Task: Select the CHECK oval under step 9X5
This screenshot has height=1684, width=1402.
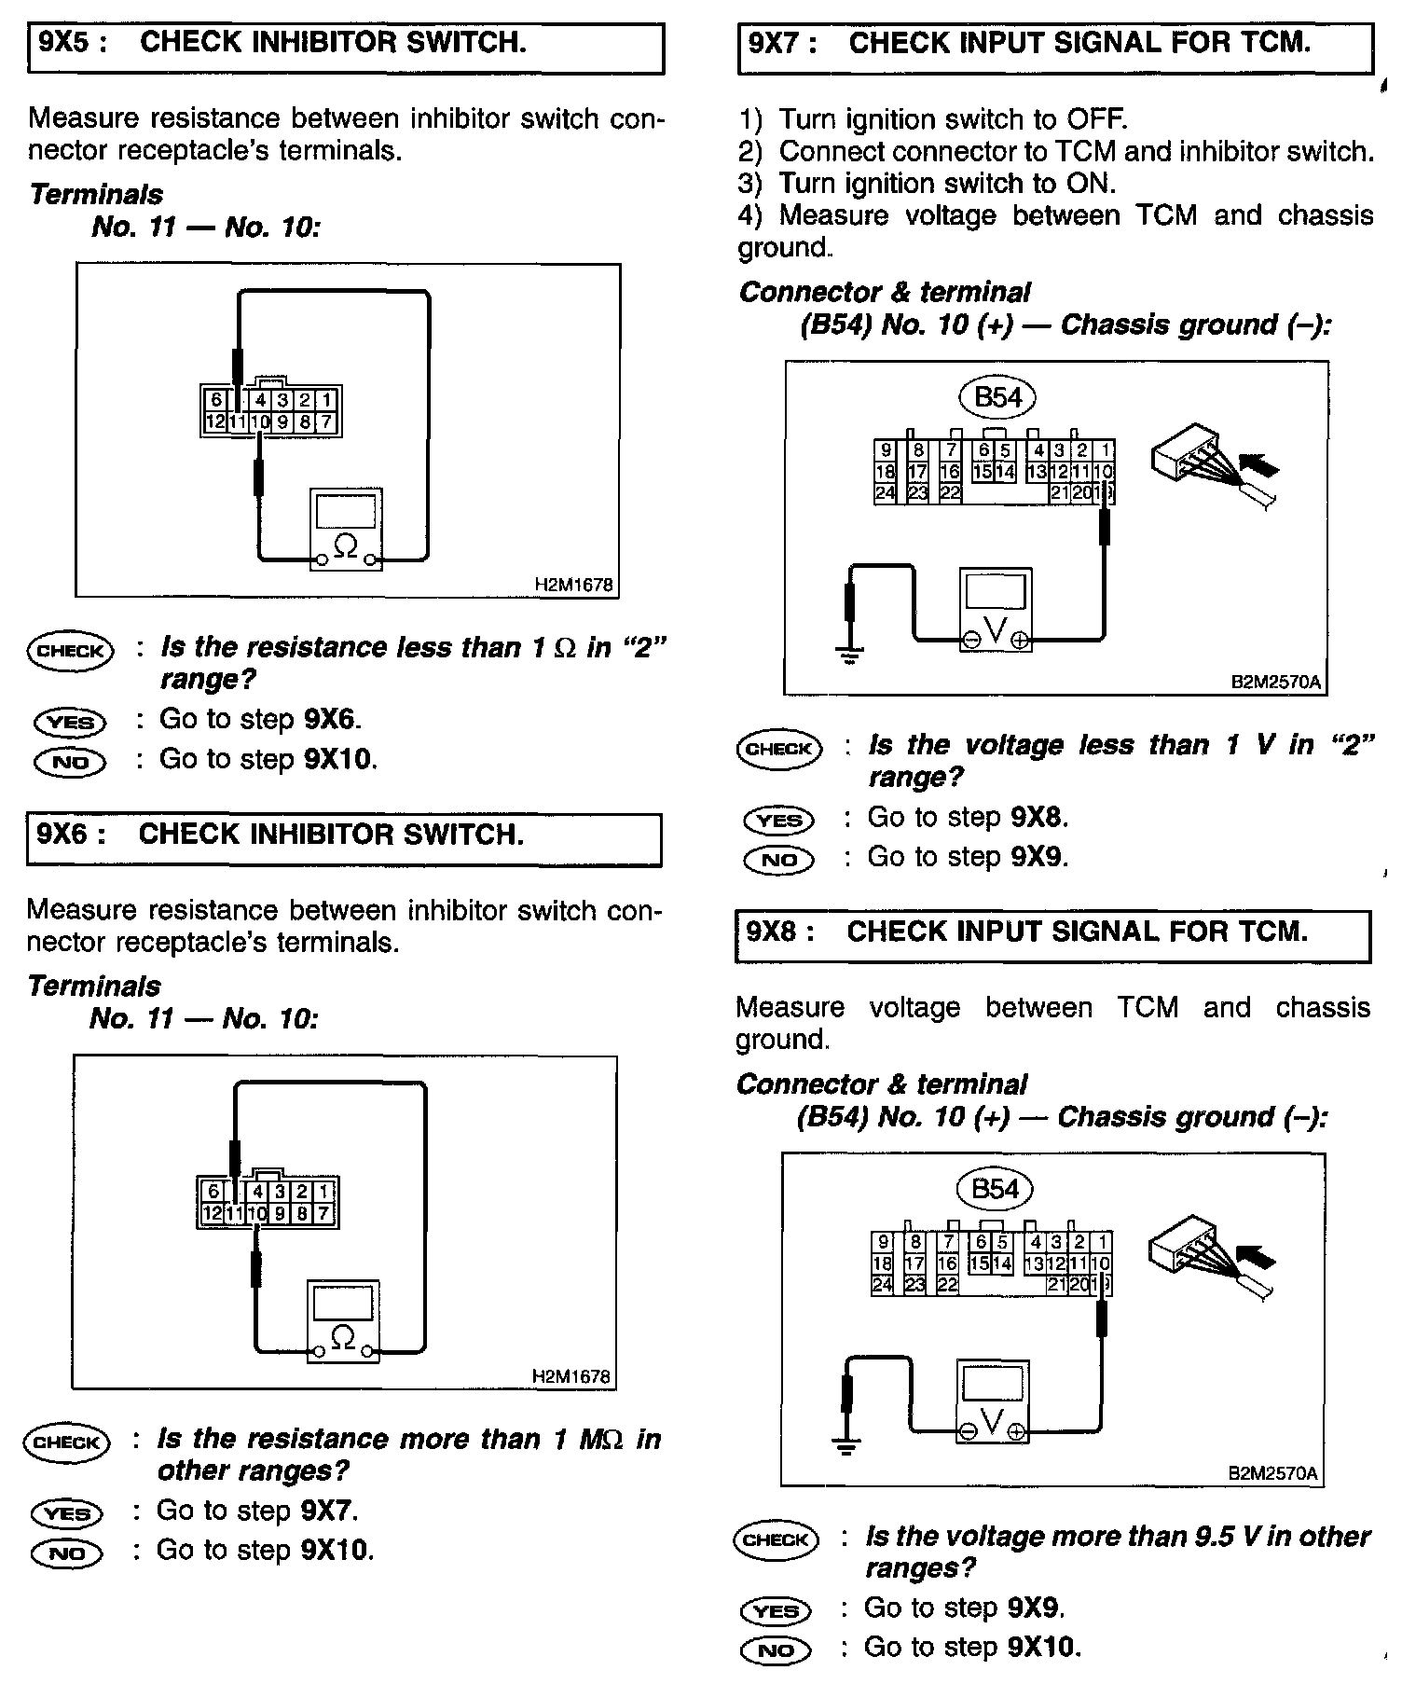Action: [70, 651]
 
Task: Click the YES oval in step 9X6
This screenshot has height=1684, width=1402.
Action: [67, 1512]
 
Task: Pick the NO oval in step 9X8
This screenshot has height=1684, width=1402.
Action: [775, 1650]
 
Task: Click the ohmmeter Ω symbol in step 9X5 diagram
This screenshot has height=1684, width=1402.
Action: [345, 545]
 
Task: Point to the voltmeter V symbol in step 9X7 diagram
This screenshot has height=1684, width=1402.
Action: [996, 631]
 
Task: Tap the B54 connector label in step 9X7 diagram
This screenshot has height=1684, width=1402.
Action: [997, 397]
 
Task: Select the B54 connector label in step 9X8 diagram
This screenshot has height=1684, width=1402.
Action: [995, 1189]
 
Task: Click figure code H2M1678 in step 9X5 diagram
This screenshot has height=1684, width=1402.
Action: [574, 585]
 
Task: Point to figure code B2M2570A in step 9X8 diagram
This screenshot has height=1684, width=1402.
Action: [1272, 1473]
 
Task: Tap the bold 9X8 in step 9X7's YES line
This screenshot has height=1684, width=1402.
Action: [1038, 818]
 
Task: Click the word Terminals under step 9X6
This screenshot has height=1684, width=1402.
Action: [94, 986]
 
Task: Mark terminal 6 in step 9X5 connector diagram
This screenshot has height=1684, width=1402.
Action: [216, 400]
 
